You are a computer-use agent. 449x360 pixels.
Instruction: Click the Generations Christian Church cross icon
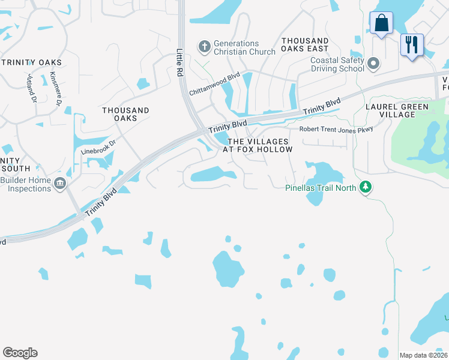point(205,46)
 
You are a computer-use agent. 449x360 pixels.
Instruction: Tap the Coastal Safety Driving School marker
point(373,63)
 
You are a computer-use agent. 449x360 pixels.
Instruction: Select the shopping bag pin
point(381,24)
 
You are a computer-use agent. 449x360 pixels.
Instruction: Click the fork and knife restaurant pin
point(412,45)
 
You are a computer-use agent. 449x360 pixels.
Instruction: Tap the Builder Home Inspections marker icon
point(59,183)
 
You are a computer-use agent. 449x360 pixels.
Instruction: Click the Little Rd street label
point(179,61)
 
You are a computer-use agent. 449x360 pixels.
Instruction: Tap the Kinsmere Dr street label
point(56,89)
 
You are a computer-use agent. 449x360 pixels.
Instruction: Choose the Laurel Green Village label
point(397,111)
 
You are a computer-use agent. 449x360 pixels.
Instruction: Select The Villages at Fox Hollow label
point(258,145)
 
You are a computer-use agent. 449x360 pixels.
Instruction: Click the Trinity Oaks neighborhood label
point(31,62)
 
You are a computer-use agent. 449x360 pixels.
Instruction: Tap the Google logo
point(20,353)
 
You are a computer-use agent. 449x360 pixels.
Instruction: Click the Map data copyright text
point(424,355)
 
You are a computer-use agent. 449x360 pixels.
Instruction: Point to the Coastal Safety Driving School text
point(337,64)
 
